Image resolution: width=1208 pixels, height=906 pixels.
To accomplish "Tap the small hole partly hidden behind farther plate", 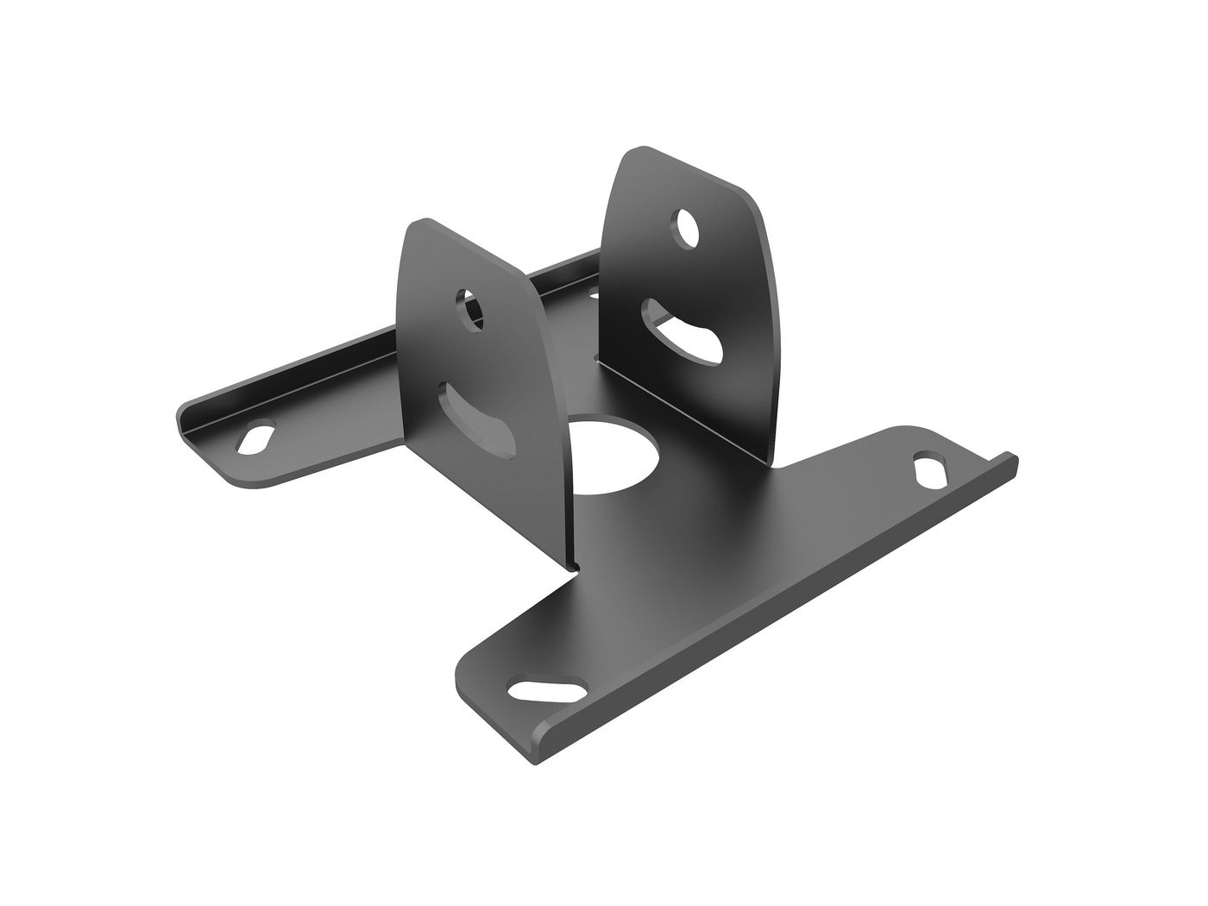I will (x=594, y=294).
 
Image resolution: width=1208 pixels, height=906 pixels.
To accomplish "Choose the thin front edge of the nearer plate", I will (x=557, y=431).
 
